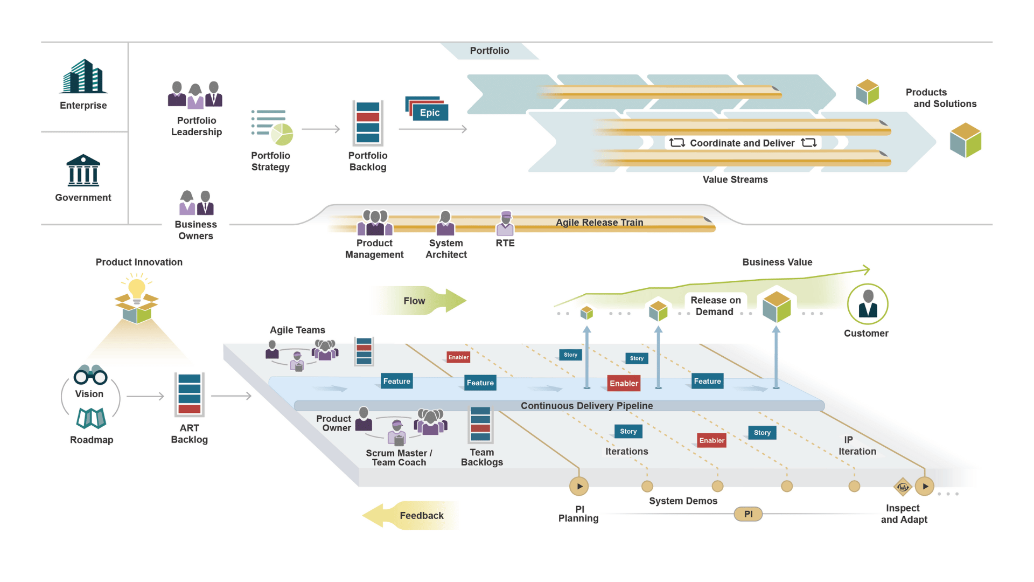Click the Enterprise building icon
(x=83, y=77)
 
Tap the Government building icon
(x=83, y=170)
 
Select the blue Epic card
(x=430, y=112)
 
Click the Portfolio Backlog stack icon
(x=368, y=123)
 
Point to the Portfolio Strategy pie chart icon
(x=282, y=134)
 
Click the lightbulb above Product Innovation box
(x=137, y=288)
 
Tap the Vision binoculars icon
(x=90, y=375)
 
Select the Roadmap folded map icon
(x=91, y=418)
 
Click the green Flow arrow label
(x=414, y=301)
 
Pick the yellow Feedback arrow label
(x=421, y=516)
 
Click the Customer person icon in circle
(x=867, y=304)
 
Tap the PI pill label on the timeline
(x=748, y=514)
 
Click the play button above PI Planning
(x=579, y=486)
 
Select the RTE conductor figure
(x=505, y=223)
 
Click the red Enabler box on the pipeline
(x=624, y=383)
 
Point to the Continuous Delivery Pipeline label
(x=586, y=406)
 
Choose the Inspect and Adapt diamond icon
(x=903, y=487)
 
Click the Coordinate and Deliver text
(x=742, y=143)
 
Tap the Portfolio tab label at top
(x=489, y=51)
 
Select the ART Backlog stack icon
(x=189, y=394)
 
